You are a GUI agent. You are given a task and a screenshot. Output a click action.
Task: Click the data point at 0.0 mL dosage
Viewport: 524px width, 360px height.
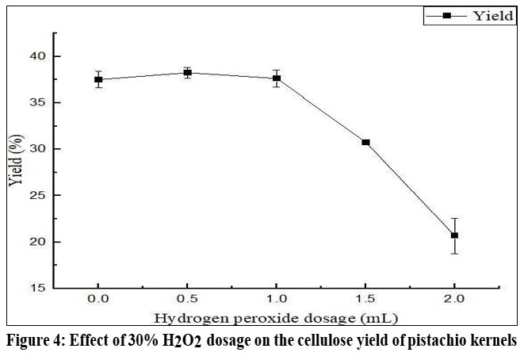[x=98, y=79]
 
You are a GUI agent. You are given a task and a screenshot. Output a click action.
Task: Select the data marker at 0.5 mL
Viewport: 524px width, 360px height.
[x=188, y=72]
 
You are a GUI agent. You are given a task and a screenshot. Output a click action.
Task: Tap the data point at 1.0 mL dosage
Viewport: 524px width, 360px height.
[x=277, y=78]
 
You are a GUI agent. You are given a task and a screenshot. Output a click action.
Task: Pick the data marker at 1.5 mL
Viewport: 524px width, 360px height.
[x=365, y=142]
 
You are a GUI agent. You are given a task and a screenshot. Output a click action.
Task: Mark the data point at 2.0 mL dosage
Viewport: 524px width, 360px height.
[x=454, y=236]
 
